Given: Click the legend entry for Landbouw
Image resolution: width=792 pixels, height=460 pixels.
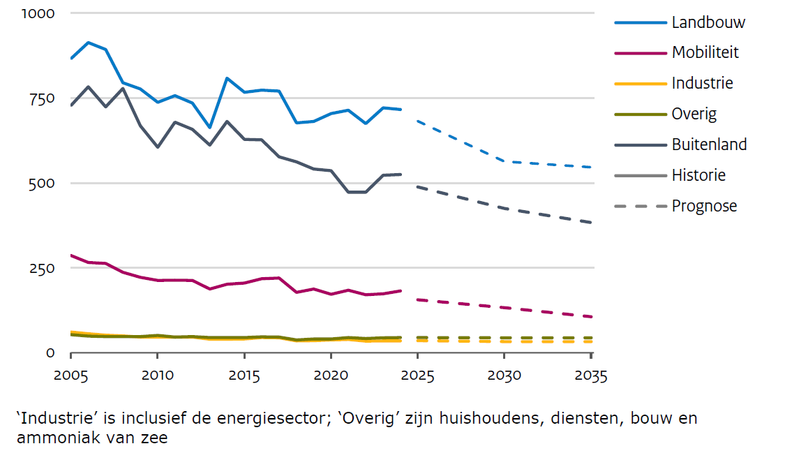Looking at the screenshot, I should pos(708,22).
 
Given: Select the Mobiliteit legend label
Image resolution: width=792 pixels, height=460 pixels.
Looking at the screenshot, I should pos(705,53).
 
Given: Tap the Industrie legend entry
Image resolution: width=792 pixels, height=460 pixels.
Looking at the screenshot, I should pos(702,84).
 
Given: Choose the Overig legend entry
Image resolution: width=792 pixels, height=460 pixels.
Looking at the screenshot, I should pos(694,114).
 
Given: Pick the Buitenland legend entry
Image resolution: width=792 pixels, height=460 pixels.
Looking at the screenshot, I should pos(709,145).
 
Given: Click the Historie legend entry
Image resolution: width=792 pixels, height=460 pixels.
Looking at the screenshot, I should pos(698,176).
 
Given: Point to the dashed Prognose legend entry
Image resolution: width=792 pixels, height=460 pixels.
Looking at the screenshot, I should pos(703,207).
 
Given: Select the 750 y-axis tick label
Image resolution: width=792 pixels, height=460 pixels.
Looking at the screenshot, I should pos(43,98).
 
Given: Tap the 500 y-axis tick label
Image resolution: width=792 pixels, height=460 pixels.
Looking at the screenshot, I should pos(43,183).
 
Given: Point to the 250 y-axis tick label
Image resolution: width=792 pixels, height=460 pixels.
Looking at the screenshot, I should pos(43,268).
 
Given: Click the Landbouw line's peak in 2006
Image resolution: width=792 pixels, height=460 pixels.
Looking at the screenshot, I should pos(89,43).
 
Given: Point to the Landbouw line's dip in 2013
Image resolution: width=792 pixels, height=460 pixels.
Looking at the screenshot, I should pos(209,128).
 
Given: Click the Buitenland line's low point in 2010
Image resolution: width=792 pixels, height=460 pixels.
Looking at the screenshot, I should pos(158,147).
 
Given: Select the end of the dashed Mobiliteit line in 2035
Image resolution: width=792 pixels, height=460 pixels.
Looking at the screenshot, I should pos(591,317).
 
